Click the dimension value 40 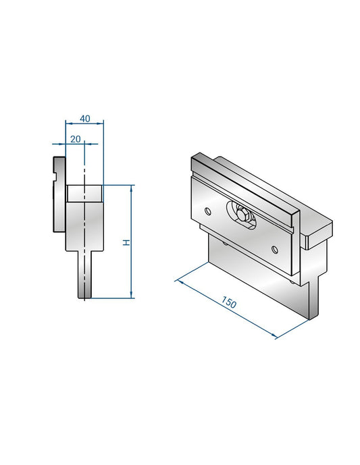(84, 118)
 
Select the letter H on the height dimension (126, 242)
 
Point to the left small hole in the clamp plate (207, 211)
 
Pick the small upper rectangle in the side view (84, 192)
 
